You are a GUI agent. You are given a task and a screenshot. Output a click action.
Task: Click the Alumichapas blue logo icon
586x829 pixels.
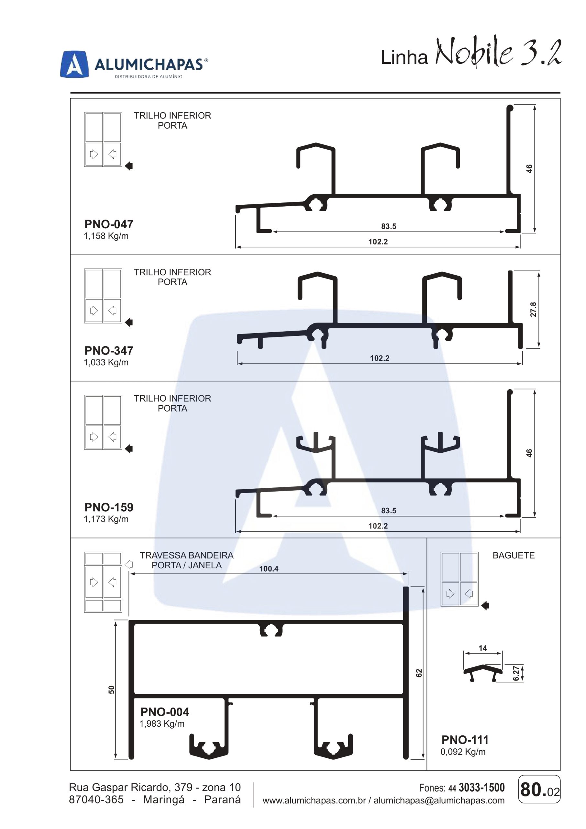[x=74, y=64]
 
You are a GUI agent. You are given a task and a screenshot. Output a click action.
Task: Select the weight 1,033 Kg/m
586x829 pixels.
[x=106, y=362]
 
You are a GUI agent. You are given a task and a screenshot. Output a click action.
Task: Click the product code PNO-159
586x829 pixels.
[x=109, y=507]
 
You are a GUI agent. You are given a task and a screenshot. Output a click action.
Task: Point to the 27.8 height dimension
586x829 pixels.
[x=533, y=310]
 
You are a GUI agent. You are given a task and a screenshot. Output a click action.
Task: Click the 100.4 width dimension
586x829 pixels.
[x=269, y=569]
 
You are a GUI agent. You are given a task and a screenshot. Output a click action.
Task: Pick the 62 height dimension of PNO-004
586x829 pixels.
[x=419, y=673]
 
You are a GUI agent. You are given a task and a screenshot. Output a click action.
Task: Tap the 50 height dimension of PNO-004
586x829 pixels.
[x=112, y=690]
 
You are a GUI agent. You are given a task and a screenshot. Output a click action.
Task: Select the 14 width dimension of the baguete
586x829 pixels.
[x=483, y=648]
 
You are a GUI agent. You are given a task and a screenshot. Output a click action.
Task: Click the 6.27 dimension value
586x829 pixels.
[x=516, y=673]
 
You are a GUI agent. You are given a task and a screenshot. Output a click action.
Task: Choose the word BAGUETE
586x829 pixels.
[x=514, y=555]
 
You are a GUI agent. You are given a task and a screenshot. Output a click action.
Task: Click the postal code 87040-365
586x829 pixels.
[x=96, y=800]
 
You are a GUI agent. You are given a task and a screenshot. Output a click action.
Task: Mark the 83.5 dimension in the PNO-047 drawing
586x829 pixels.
[x=389, y=226]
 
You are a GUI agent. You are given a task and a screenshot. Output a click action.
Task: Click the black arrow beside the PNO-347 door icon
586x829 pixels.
[x=129, y=323]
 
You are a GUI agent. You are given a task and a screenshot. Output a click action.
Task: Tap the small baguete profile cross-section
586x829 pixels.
[x=483, y=673]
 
